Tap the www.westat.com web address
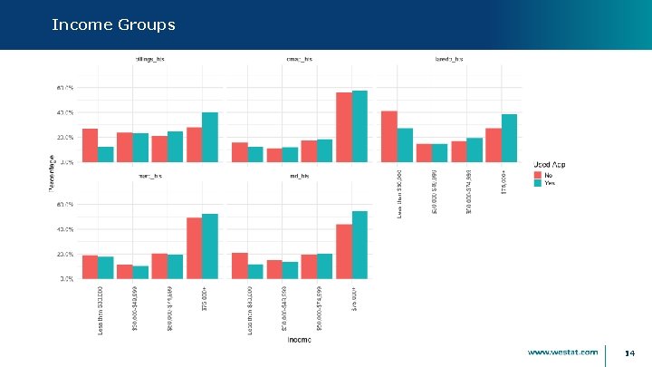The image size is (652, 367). coord(562,352)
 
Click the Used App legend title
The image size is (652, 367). coord(549,164)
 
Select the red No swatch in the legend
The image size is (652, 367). coord(537,173)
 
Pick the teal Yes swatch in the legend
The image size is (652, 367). coord(537,182)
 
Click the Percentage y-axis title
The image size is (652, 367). coord(52,172)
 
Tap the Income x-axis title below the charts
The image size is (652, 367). coord(300,341)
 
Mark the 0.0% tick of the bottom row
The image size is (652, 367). coord(65,279)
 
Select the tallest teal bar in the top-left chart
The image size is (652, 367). coord(210,137)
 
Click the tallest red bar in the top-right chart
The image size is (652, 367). coord(389,136)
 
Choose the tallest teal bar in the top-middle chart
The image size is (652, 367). coord(360,126)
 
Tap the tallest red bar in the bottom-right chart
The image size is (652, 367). coord(344,251)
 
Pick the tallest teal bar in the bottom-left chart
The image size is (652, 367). coord(210,246)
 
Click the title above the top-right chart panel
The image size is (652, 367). coord(449,59)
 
